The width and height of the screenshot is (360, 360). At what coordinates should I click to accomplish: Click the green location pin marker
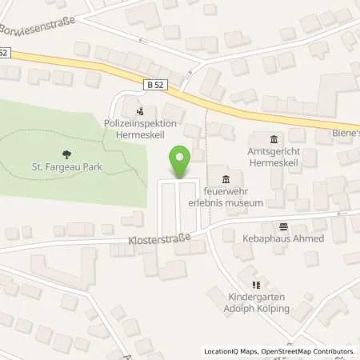[x=181, y=162]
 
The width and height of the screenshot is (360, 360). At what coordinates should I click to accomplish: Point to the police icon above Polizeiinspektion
[x=141, y=111]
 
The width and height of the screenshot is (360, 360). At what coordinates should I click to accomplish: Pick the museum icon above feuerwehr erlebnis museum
[x=225, y=178]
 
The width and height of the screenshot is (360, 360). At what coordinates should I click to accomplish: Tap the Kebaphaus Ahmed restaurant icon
[x=282, y=226]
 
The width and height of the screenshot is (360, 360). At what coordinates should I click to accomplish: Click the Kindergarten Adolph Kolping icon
[x=256, y=284]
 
